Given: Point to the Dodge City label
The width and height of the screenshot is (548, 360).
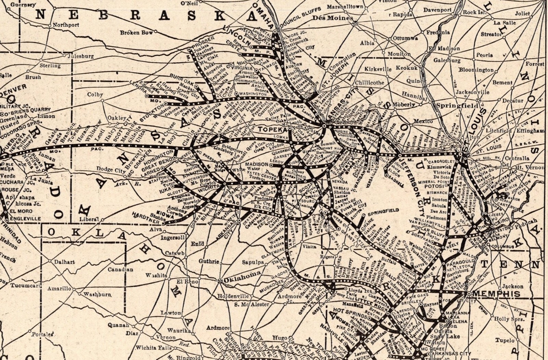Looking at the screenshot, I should (109, 169).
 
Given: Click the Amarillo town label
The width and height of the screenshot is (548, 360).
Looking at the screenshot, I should (59, 288).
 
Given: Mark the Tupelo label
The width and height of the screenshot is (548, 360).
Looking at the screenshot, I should (505, 340).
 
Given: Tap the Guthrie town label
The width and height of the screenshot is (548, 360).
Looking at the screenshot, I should (209, 261).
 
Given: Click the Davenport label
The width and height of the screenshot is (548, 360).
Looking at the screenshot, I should (437, 10).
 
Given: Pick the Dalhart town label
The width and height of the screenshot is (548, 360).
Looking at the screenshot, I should (65, 262).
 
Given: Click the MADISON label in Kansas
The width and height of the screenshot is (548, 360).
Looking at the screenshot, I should (257, 165).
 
